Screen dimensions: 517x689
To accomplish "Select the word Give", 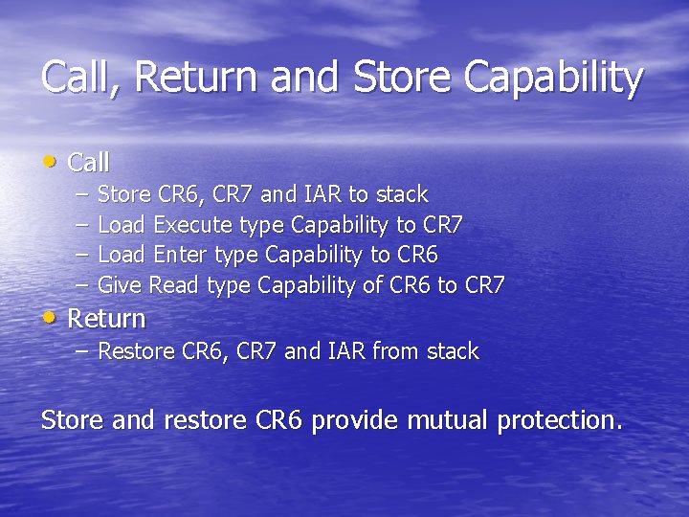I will (121, 285).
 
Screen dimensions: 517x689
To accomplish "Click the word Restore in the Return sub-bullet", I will (137, 351).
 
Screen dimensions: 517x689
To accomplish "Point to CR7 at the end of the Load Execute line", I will (442, 226).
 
